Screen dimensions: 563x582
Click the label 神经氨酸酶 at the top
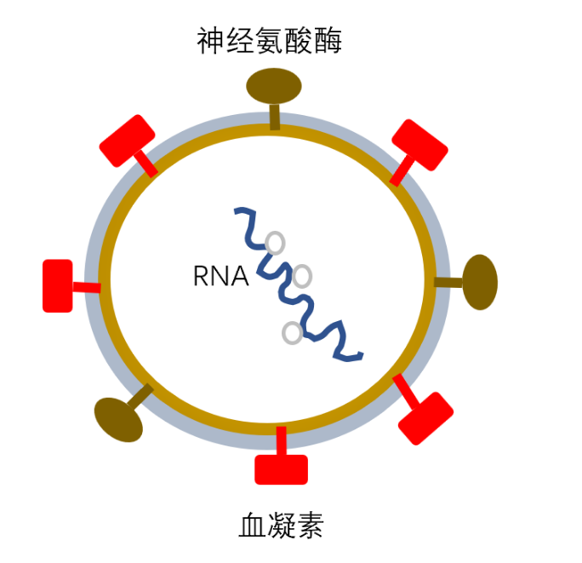[x=269, y=39]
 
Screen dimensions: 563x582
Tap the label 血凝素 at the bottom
[x=281, y=525]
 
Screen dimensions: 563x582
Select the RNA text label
[x=220, y=276]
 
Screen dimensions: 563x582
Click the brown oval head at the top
[x=274, y=85]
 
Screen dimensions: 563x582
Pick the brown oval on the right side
[x=480, y=282]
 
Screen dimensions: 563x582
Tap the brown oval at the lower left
[x=117, y=419]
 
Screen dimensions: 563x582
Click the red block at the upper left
[x=127, y=141]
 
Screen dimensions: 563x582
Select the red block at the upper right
[x=419, y=146]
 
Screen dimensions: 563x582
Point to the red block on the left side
[x=58, y=285]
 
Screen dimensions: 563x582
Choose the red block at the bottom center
[x=281, y=469]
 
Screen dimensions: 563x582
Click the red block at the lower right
[x=425, y=418]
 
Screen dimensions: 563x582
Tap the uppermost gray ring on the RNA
[x=275, y=243]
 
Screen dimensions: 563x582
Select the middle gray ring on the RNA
[x=302, y=276]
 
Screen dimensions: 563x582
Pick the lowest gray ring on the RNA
[x=292, y=333]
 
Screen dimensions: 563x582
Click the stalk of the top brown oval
[x=274, y=116]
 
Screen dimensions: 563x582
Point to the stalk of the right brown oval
[x=448, y=282]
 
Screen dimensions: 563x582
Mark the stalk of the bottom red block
[x=281, y=441]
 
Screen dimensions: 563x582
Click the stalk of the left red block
[x=86, y=287]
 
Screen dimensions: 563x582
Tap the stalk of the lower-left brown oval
[x=141, y=395]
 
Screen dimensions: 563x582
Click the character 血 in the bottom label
[x=253, y=525]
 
